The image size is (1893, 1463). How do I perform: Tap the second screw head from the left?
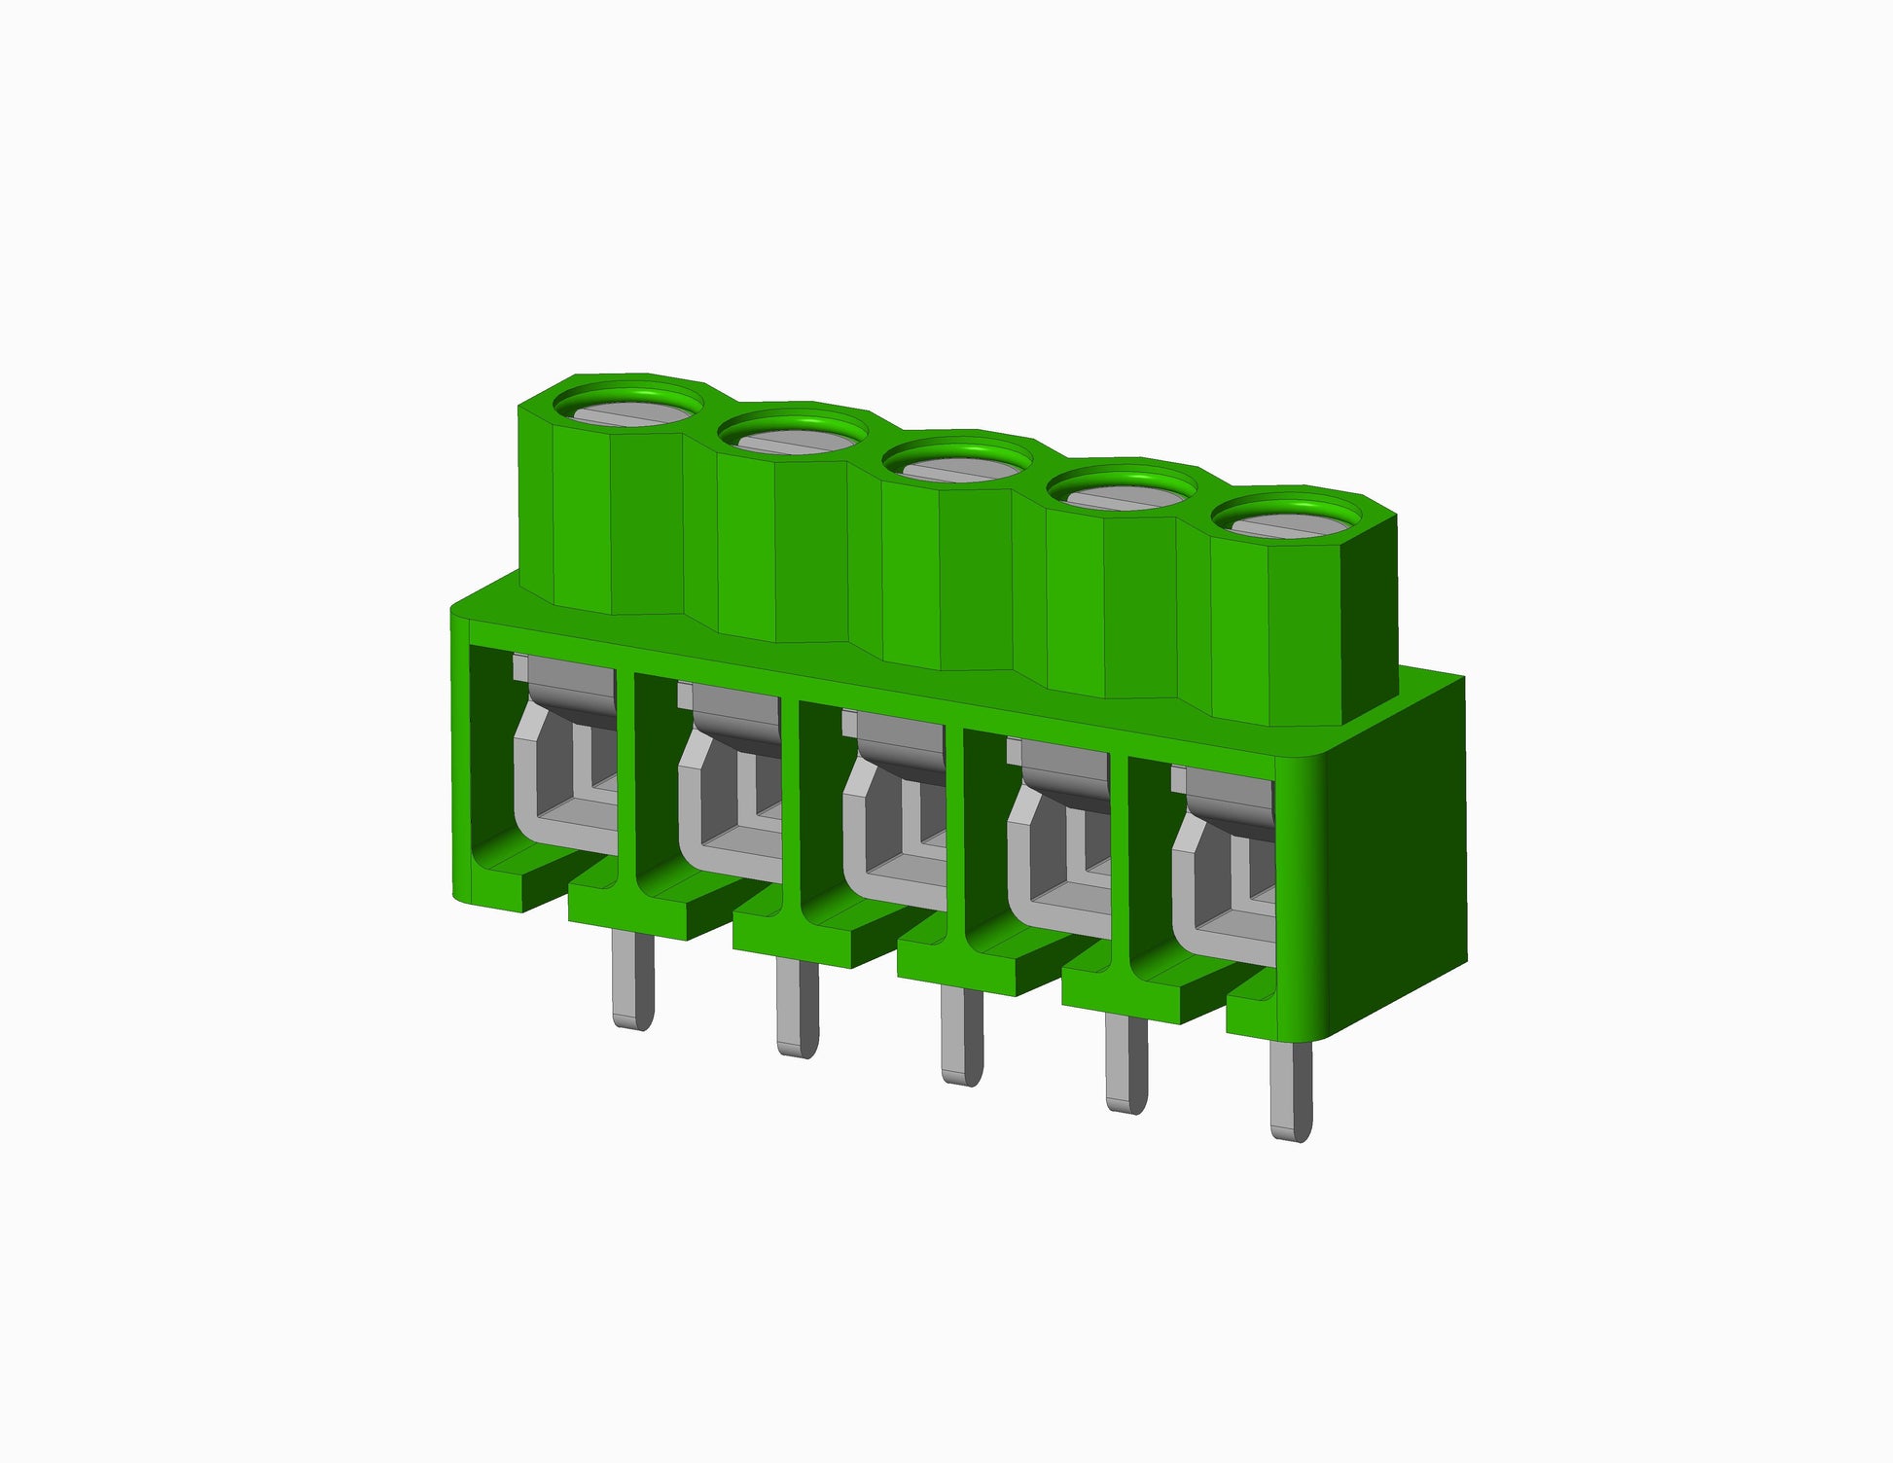click(793, 440)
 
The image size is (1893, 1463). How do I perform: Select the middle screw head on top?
click(957, 468)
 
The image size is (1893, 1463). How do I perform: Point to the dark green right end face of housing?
click(1396, 856)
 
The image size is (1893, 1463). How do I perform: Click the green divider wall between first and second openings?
click(625, 778)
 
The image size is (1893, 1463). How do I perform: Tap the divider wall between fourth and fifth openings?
click(1119, 864)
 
